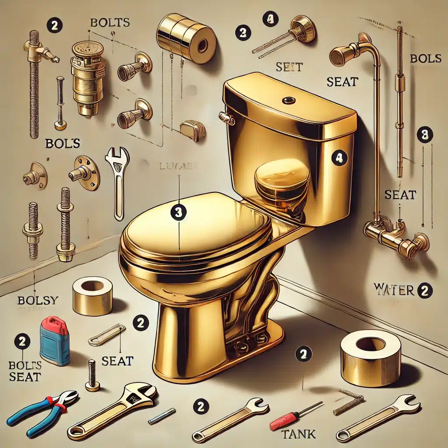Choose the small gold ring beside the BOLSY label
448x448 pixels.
(x=92, y=295)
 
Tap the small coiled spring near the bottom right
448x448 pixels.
(x=348, y=403)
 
